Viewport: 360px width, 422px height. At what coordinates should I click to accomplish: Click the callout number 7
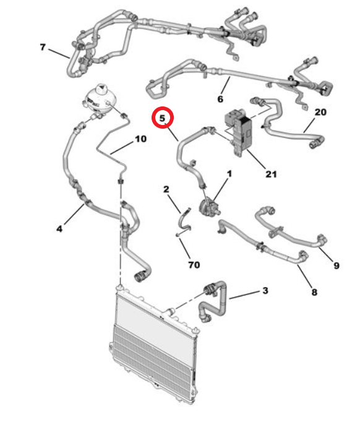tap(43, 47)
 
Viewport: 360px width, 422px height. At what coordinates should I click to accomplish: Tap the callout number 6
tap(220, 99)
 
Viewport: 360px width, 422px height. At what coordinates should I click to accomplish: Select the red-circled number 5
tap(162, 118)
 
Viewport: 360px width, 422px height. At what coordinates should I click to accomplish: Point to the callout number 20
tap(320, 112)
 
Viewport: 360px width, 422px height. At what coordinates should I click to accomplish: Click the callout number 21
tap(271, 174)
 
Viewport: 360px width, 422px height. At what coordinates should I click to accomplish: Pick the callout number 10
tap(140, 139)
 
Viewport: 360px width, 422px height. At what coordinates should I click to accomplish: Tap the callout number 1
tap(229, 174)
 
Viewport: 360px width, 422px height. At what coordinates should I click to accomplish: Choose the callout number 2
tap(166, 189)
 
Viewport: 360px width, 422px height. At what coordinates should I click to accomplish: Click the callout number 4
tap(59, 229)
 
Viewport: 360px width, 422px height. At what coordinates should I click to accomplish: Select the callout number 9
tap(336, 265)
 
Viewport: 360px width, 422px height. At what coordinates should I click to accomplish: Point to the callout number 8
tap(314, 291)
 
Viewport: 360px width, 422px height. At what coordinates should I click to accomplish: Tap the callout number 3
tap(265, 290)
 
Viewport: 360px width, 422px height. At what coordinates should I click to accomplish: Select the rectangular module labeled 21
tap(238, 132)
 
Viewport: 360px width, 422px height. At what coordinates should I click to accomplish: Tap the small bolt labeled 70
tap(178, 235)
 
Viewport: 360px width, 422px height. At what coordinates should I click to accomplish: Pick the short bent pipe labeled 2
tap(185, 220)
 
